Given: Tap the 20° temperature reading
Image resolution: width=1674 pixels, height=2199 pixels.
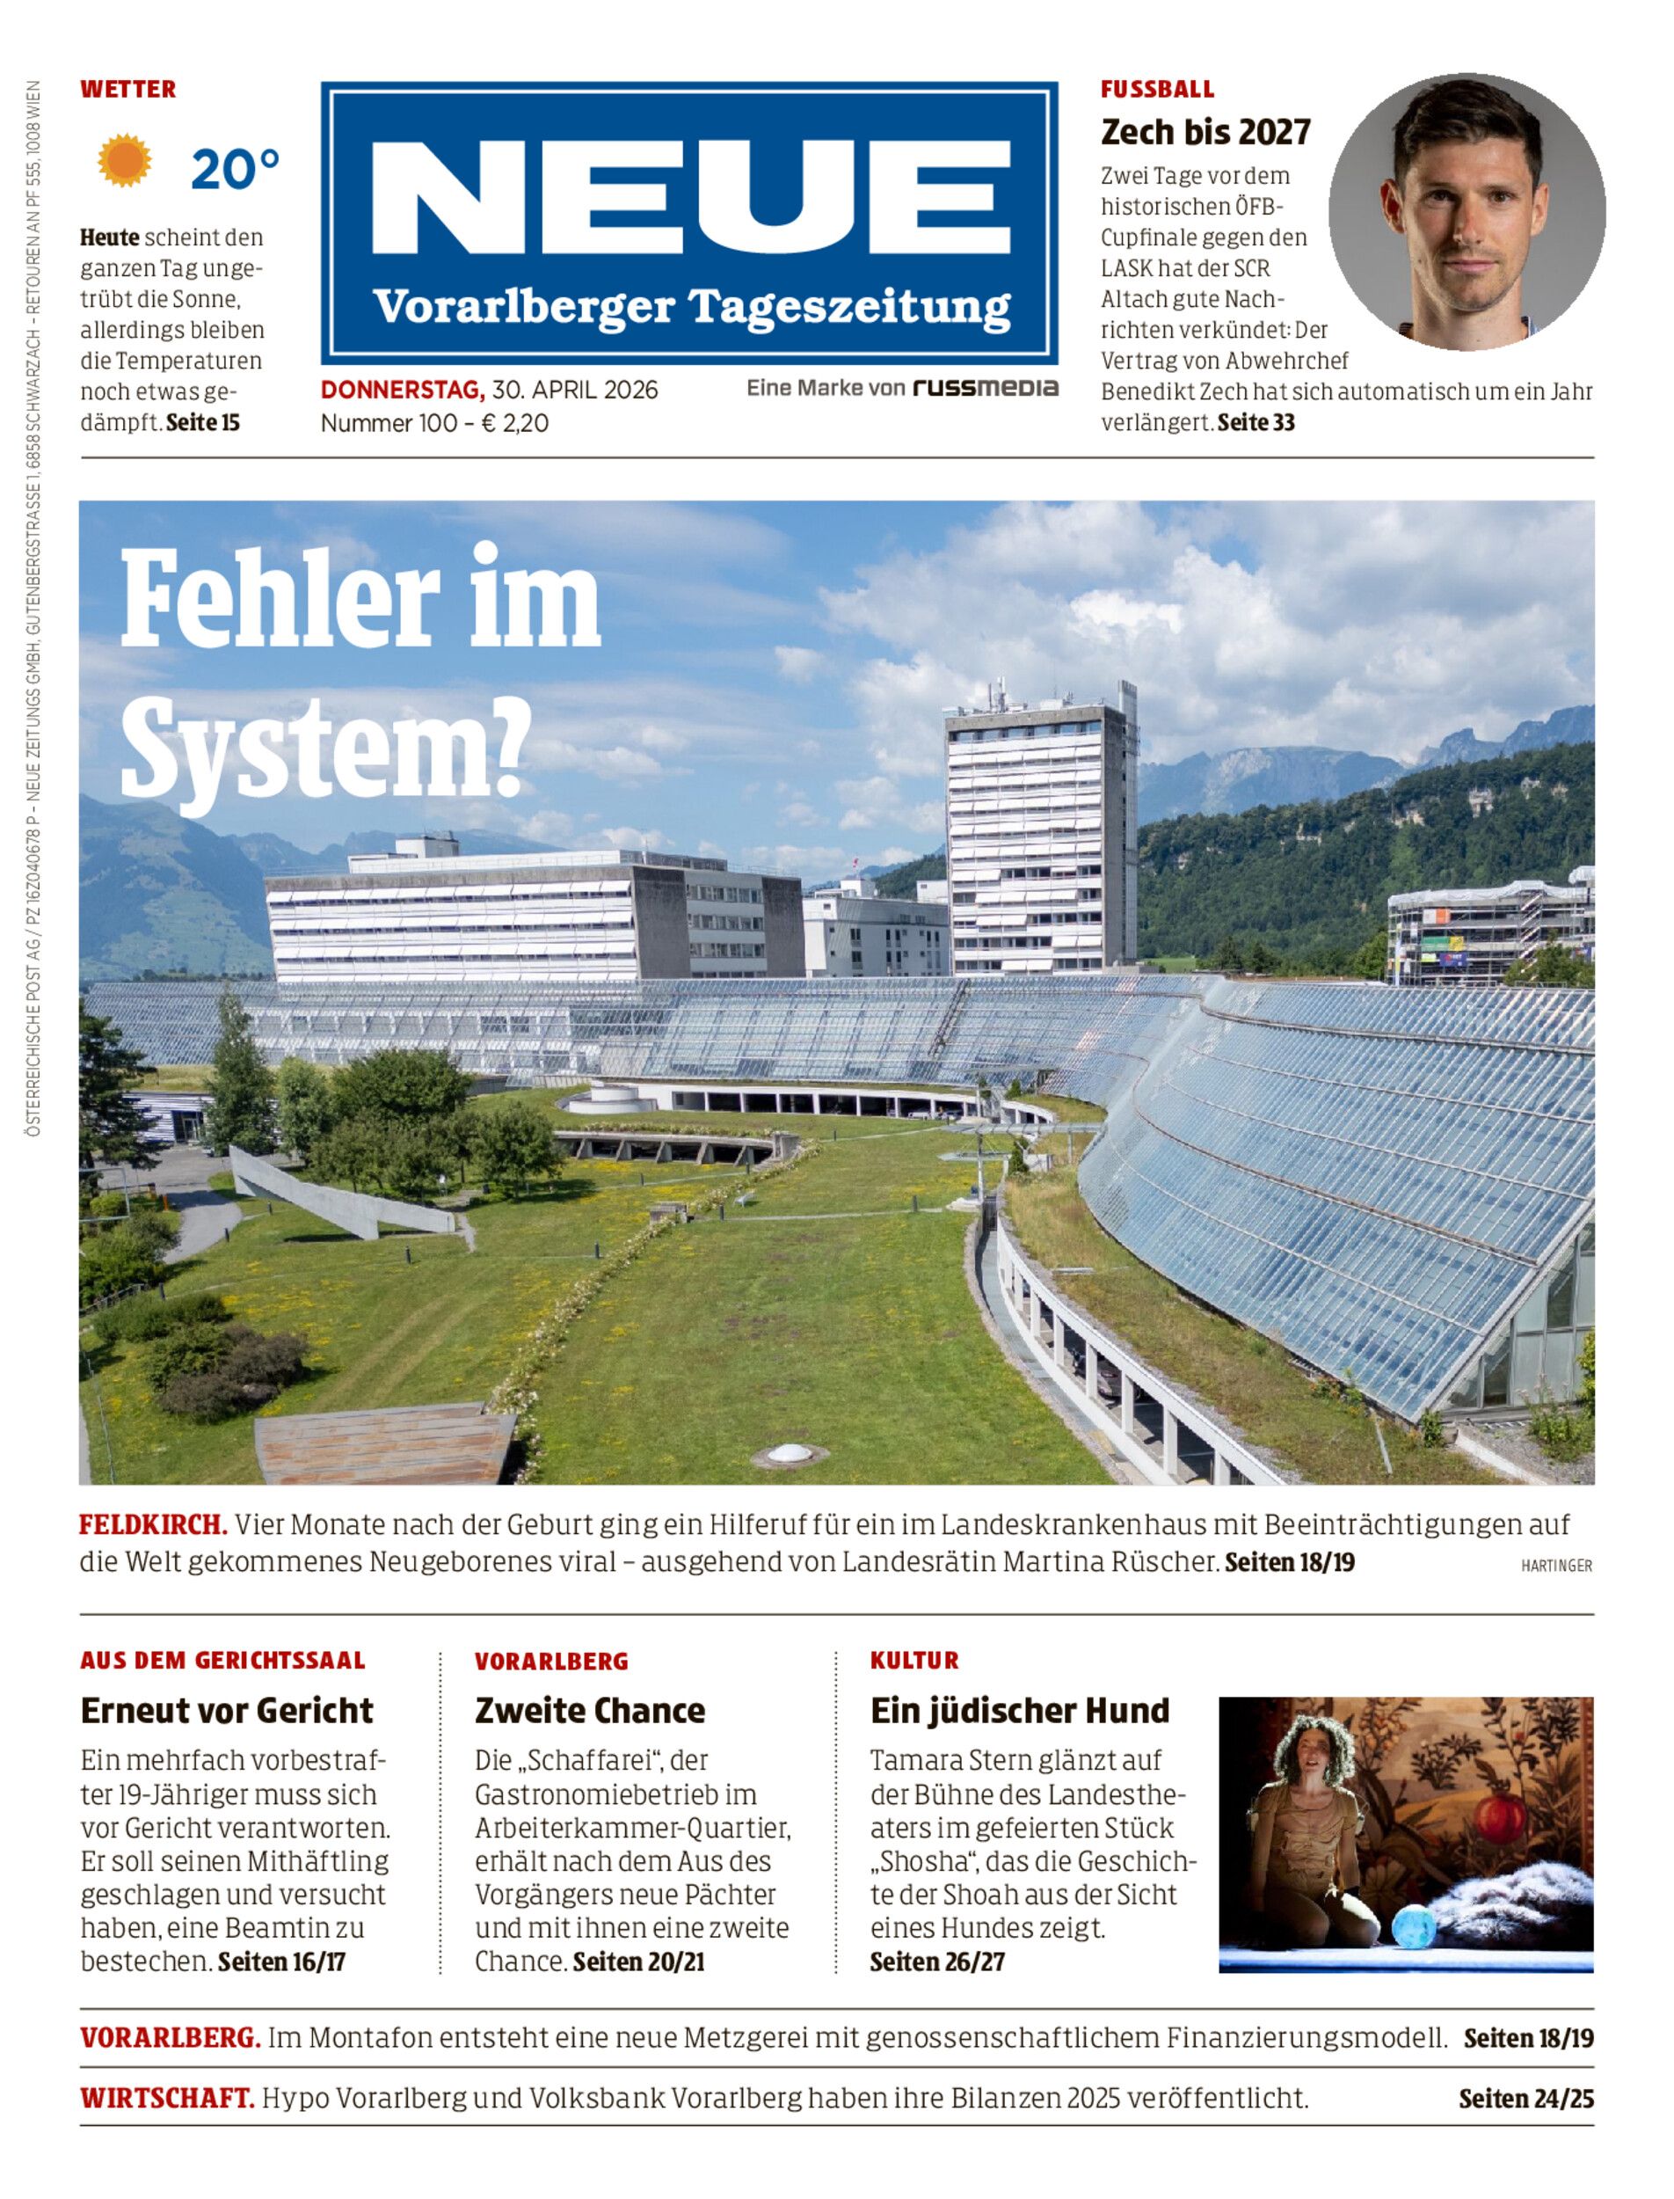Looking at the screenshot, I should [235, 169].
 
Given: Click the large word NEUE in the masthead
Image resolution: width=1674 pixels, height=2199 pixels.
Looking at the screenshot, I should [690, 197].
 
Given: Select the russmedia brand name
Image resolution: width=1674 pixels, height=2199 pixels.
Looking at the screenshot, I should [985, 388].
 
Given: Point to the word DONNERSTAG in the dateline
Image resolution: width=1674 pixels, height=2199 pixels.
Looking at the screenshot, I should [403, 390].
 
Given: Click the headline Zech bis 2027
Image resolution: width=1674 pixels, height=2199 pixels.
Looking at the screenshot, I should [1205, 132].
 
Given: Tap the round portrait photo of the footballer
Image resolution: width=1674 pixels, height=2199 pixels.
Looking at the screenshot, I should [1466, 211].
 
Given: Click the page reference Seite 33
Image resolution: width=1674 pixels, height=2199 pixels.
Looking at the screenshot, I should [1256, 423].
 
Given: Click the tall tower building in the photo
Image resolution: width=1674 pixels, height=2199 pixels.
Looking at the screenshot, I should [1039, 837].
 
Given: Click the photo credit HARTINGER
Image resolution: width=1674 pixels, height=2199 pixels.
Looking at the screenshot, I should [1556, 1566].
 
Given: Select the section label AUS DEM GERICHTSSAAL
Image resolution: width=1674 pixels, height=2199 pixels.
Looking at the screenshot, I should [223, 1661].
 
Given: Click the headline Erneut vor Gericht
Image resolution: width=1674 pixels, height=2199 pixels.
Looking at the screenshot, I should [227, 1711].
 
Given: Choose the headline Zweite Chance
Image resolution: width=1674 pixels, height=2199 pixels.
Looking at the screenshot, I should [590, 1711].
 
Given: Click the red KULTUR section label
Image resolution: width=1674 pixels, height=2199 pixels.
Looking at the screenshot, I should [914, 1661].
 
